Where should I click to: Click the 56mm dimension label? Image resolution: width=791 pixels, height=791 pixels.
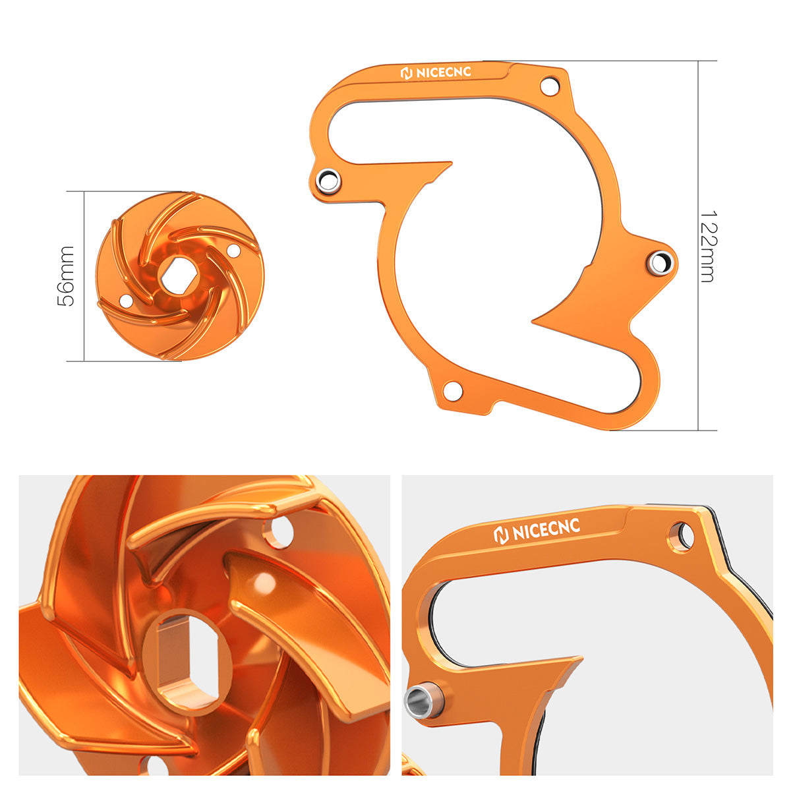[x=66, y=276]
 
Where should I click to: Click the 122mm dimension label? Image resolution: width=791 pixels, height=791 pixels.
[x=707, y=247]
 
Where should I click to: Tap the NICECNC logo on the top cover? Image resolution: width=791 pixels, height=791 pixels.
[x=436, y=73]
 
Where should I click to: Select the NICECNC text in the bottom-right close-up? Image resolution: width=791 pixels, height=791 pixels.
[x=537, y=531]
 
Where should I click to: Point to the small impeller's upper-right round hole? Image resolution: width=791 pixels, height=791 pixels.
[x=233, y=251]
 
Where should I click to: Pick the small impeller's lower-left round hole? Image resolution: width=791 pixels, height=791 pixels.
[x=125, y=301]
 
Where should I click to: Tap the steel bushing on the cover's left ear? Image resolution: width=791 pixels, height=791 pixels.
[x=328, y=180]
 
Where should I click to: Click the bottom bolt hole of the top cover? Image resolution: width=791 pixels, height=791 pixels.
[x=452, y=390]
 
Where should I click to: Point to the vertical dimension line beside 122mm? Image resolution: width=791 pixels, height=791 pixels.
[x=698, y=165]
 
